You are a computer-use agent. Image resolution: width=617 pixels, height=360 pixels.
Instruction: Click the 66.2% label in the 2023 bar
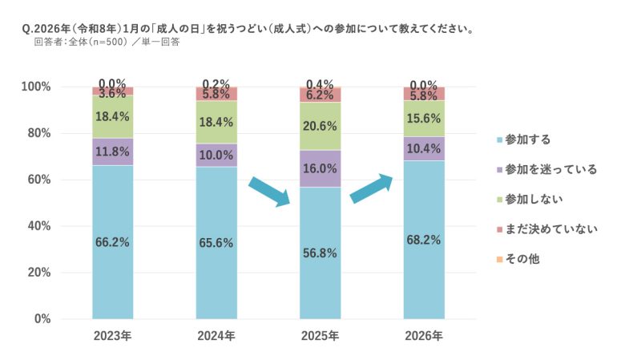[112, 243]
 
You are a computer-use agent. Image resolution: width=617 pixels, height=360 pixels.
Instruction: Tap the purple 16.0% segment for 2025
[320, 168]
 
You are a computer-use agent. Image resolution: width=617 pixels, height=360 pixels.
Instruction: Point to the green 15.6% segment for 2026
[424, 118]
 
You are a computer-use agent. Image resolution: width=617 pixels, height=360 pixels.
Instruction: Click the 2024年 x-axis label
[216, 336]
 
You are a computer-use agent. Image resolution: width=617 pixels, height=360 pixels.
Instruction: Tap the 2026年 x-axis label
[424, 336]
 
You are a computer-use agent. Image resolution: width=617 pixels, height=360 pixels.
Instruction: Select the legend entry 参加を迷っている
[546, 169]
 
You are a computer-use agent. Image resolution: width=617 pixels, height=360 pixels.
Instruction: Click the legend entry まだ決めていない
[546, 230]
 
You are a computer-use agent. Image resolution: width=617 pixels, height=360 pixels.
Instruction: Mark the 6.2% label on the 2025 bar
[320, 95]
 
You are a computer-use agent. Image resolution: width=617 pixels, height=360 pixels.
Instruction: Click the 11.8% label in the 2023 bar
[112, 151]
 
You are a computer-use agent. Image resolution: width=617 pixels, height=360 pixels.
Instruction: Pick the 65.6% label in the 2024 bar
[216, 244]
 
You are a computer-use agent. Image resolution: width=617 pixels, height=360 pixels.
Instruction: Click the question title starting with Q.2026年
[248, 29]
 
